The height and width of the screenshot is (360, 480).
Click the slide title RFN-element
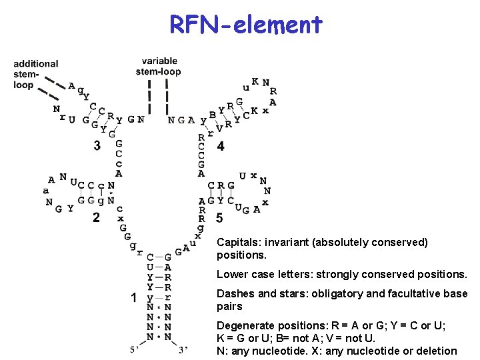246,25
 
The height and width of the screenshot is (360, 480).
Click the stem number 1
134,297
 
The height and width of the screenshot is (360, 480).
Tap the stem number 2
96,217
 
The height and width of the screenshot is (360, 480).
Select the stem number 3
97,145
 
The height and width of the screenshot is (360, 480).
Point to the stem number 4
221,145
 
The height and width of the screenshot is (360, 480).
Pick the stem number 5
219,218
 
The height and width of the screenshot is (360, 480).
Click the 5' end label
135,350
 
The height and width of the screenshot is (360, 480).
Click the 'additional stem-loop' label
35,74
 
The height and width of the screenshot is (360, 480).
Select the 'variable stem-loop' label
159,66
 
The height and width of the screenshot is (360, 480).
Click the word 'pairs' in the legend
229,306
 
